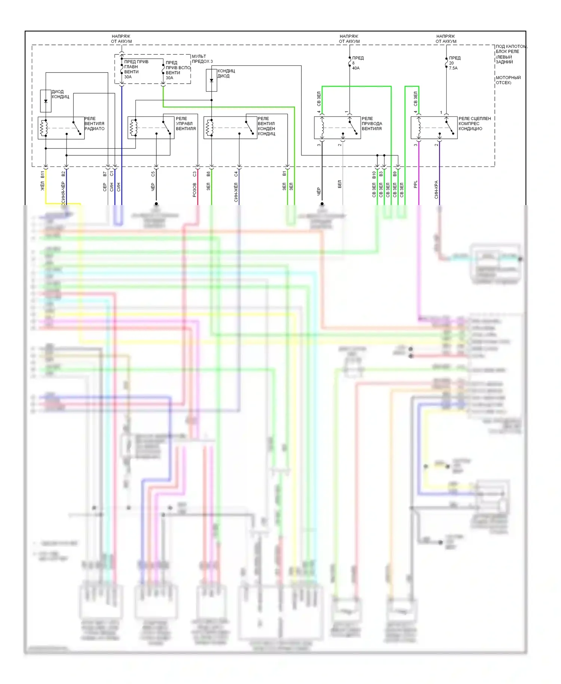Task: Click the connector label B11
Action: coord(43,175)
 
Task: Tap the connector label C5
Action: coord(153,174)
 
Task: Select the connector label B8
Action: coord(208,174)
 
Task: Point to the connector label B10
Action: coord(374,175)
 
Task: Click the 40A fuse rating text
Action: coord(356,68)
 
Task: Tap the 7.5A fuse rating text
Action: coord(453,68)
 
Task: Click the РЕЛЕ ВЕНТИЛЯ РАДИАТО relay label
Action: coord(94,123)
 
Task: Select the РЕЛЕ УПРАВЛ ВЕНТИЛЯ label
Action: coord(186,123)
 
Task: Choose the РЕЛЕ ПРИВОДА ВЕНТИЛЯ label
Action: coord(372,123)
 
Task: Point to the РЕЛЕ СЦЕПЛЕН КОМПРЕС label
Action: coord(475,123)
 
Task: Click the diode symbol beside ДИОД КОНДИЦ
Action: coord(46,101)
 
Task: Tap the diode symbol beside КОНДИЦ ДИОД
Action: coord(211,80)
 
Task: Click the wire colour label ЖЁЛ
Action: coord(43,186)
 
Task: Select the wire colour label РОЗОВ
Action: coord(194,190)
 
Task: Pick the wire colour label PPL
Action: coord(416,184)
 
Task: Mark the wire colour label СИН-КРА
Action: coord(436,190)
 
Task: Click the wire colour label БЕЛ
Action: coord(340,184)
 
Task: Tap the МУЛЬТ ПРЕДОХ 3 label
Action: coord(202,59)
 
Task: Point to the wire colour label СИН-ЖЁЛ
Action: coord(236,192)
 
